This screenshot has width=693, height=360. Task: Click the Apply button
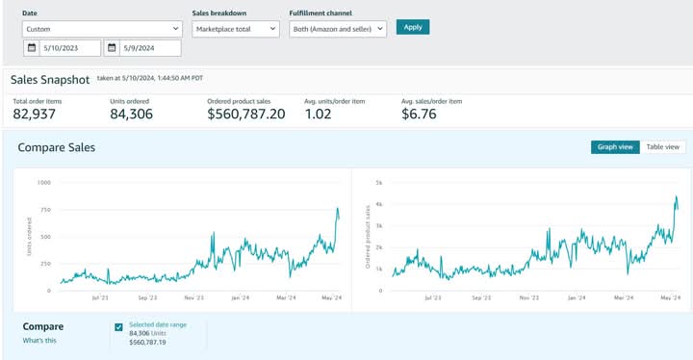pyautogui.click(x=412, y=27)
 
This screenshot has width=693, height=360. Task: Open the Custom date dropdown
pyautogui.click(x=102, y=29)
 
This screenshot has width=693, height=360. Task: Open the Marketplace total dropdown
pyautogui.click(x=235, y=29)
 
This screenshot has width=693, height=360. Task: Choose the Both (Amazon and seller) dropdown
pyautogui.click(x=338, y=29)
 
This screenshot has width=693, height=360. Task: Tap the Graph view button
pyautogui.click(x=614, y=147)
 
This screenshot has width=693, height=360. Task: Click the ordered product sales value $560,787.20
pyautogui.click(x=245, y=115)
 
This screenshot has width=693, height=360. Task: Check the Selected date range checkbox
pyautogui.click(x=118, y=327)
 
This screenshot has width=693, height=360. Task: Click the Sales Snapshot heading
pyautogui.click(x=51, y=80)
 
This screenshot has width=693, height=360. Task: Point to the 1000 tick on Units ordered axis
pyautogui.click(x=43, y=182)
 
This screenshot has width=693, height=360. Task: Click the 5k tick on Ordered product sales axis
pyautogui.click(x=379, y=182)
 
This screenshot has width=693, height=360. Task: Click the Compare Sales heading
pyautogui.click(x=56, y=147)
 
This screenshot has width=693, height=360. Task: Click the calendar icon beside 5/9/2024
pyautogui.click(x=112, y=47)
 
